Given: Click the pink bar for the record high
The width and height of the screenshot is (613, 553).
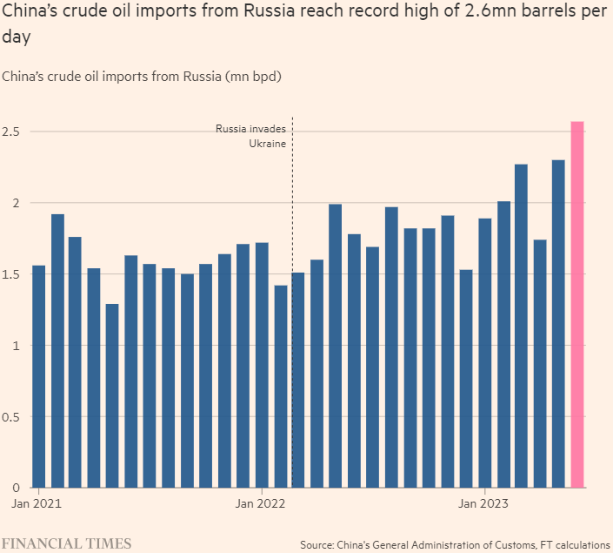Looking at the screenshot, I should point(576,305).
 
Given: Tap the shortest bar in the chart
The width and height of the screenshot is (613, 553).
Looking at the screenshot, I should point(112,395).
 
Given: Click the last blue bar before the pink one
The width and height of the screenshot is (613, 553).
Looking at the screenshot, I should point(558,323).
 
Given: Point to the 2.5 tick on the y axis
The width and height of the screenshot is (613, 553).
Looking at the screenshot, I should point(13,132).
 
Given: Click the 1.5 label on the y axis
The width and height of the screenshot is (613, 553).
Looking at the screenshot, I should point(13,274).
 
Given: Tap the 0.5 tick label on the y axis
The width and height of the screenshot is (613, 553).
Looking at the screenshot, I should point(13,416).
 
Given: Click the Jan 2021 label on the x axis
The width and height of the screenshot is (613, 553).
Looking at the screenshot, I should point(37,503).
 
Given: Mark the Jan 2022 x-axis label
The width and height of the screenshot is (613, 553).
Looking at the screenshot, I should point(262,503).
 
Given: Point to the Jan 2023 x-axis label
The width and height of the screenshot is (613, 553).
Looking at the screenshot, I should point(484,503).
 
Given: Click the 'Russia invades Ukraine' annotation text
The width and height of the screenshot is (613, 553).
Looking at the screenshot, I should point(251,136).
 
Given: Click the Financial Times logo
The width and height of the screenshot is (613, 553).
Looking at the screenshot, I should point(67,543).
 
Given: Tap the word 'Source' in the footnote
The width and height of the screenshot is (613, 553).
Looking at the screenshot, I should point(319,544).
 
